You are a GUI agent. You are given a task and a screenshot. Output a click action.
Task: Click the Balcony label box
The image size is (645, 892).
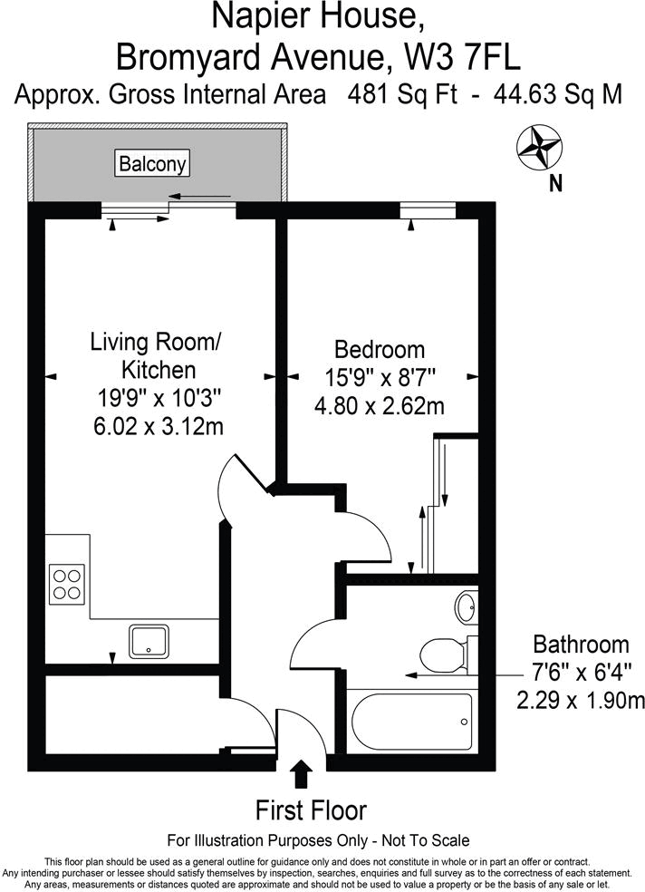[x=153, y=164]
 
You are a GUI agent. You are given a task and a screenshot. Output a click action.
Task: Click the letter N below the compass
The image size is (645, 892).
[x=555, y=183]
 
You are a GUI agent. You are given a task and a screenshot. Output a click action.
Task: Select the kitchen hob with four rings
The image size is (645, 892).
[x=67, y=583]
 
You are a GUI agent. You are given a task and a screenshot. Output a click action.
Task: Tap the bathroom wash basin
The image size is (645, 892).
[x=466, y=606]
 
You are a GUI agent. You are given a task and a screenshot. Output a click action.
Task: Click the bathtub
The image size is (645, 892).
[x=409, y=722]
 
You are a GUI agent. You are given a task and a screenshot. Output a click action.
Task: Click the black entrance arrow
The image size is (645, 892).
[x=302, y=775]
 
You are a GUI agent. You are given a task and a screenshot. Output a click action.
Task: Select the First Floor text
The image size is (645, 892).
[x=312, y=810]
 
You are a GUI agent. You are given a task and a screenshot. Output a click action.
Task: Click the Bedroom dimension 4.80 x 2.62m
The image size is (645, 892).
[x=379, y=406]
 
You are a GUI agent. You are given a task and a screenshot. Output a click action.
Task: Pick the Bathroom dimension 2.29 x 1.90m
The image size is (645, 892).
[x=581, y=700]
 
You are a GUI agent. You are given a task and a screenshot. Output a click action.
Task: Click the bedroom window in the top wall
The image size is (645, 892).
[x=427, y=210]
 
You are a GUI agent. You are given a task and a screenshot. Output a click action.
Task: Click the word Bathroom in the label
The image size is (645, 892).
[x=581, y=645]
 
